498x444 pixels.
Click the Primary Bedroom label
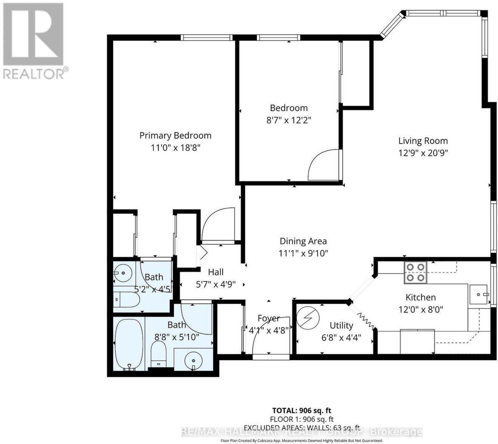(175, 136)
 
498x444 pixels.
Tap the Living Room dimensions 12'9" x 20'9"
(423, 153)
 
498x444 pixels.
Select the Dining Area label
(303, 241)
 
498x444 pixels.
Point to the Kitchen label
(420, 297)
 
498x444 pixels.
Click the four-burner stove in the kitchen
(416, 272)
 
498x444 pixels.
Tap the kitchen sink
(479, 294)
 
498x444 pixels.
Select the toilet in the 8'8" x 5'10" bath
(158, 354)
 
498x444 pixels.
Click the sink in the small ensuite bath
(123, 273)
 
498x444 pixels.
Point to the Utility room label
(341, 326)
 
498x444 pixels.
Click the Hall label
(216, 272)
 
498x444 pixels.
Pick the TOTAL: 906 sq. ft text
(299, 411)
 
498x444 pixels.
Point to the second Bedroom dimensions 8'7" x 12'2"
(289, 120)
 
